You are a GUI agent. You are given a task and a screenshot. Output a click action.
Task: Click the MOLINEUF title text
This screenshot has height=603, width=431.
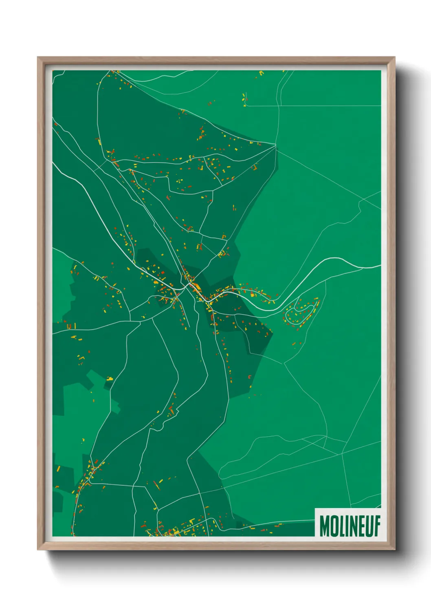tap(350, 526)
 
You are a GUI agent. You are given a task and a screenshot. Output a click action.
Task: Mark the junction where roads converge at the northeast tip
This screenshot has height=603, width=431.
tap(276, 145)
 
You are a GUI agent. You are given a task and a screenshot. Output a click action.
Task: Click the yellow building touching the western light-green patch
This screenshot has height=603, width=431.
tap(110, 379)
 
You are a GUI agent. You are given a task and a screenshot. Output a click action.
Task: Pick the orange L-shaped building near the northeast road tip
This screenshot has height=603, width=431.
tap(255, 167)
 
